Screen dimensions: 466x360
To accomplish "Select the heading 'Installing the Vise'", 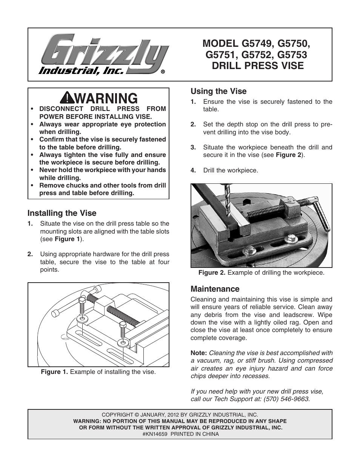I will pyautogui.click(x=62, y=213).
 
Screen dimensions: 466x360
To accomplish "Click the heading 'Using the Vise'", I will pyautogui.click(x=218, y=91).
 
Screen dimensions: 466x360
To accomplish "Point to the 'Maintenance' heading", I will pyautogui.click(x=215, y=289).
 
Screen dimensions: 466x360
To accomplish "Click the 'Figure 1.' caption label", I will pyautogui.click(x=54, y=372).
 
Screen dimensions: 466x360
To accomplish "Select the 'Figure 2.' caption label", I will pyautogui.click(x=212, y=272).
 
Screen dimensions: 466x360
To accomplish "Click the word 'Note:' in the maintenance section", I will pyautogui.click(x=198, y=353).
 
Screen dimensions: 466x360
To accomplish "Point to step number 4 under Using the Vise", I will pyautogui.click(x=193, y=171).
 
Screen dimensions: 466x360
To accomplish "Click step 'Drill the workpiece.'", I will pyautogui.click(x=231, y=171).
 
